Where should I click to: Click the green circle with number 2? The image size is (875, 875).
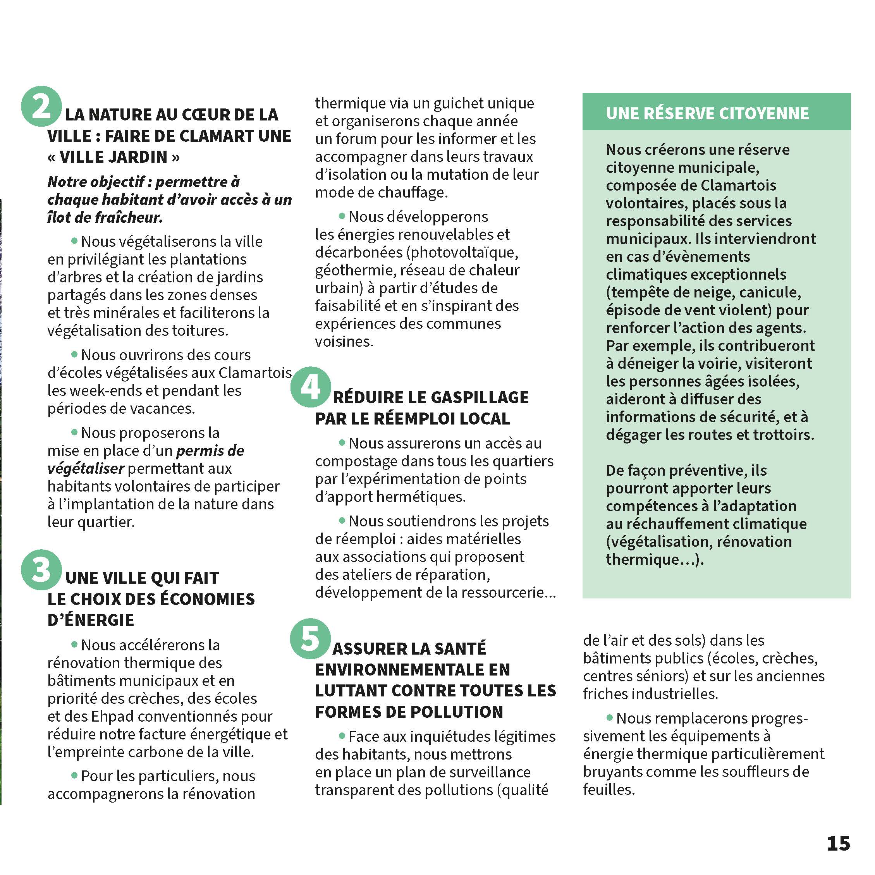[41, 107]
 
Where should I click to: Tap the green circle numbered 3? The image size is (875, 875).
[41, 570]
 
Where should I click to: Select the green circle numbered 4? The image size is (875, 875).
[311, 387]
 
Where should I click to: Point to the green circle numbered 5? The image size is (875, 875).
[310, 639]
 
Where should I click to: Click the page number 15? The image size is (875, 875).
[838, 843]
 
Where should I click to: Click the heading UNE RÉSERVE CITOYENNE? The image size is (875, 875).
[707, 113]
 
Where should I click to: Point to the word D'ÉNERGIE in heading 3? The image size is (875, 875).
[91, 620]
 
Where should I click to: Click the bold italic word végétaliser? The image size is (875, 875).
[86, 468]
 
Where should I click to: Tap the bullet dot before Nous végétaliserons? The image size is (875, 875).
[74, 241]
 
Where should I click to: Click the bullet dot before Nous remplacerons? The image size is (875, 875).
[610, 718]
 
